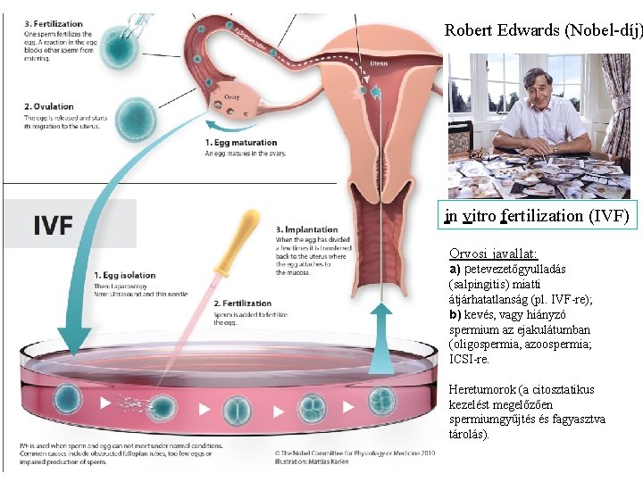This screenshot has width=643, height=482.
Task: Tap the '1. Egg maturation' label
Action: point(241,143)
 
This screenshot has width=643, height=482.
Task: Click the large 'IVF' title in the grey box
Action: point(53,224)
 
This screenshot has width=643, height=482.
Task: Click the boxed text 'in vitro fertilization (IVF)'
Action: point(538,216)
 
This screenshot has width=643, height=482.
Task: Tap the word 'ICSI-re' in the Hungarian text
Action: point(468,360)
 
